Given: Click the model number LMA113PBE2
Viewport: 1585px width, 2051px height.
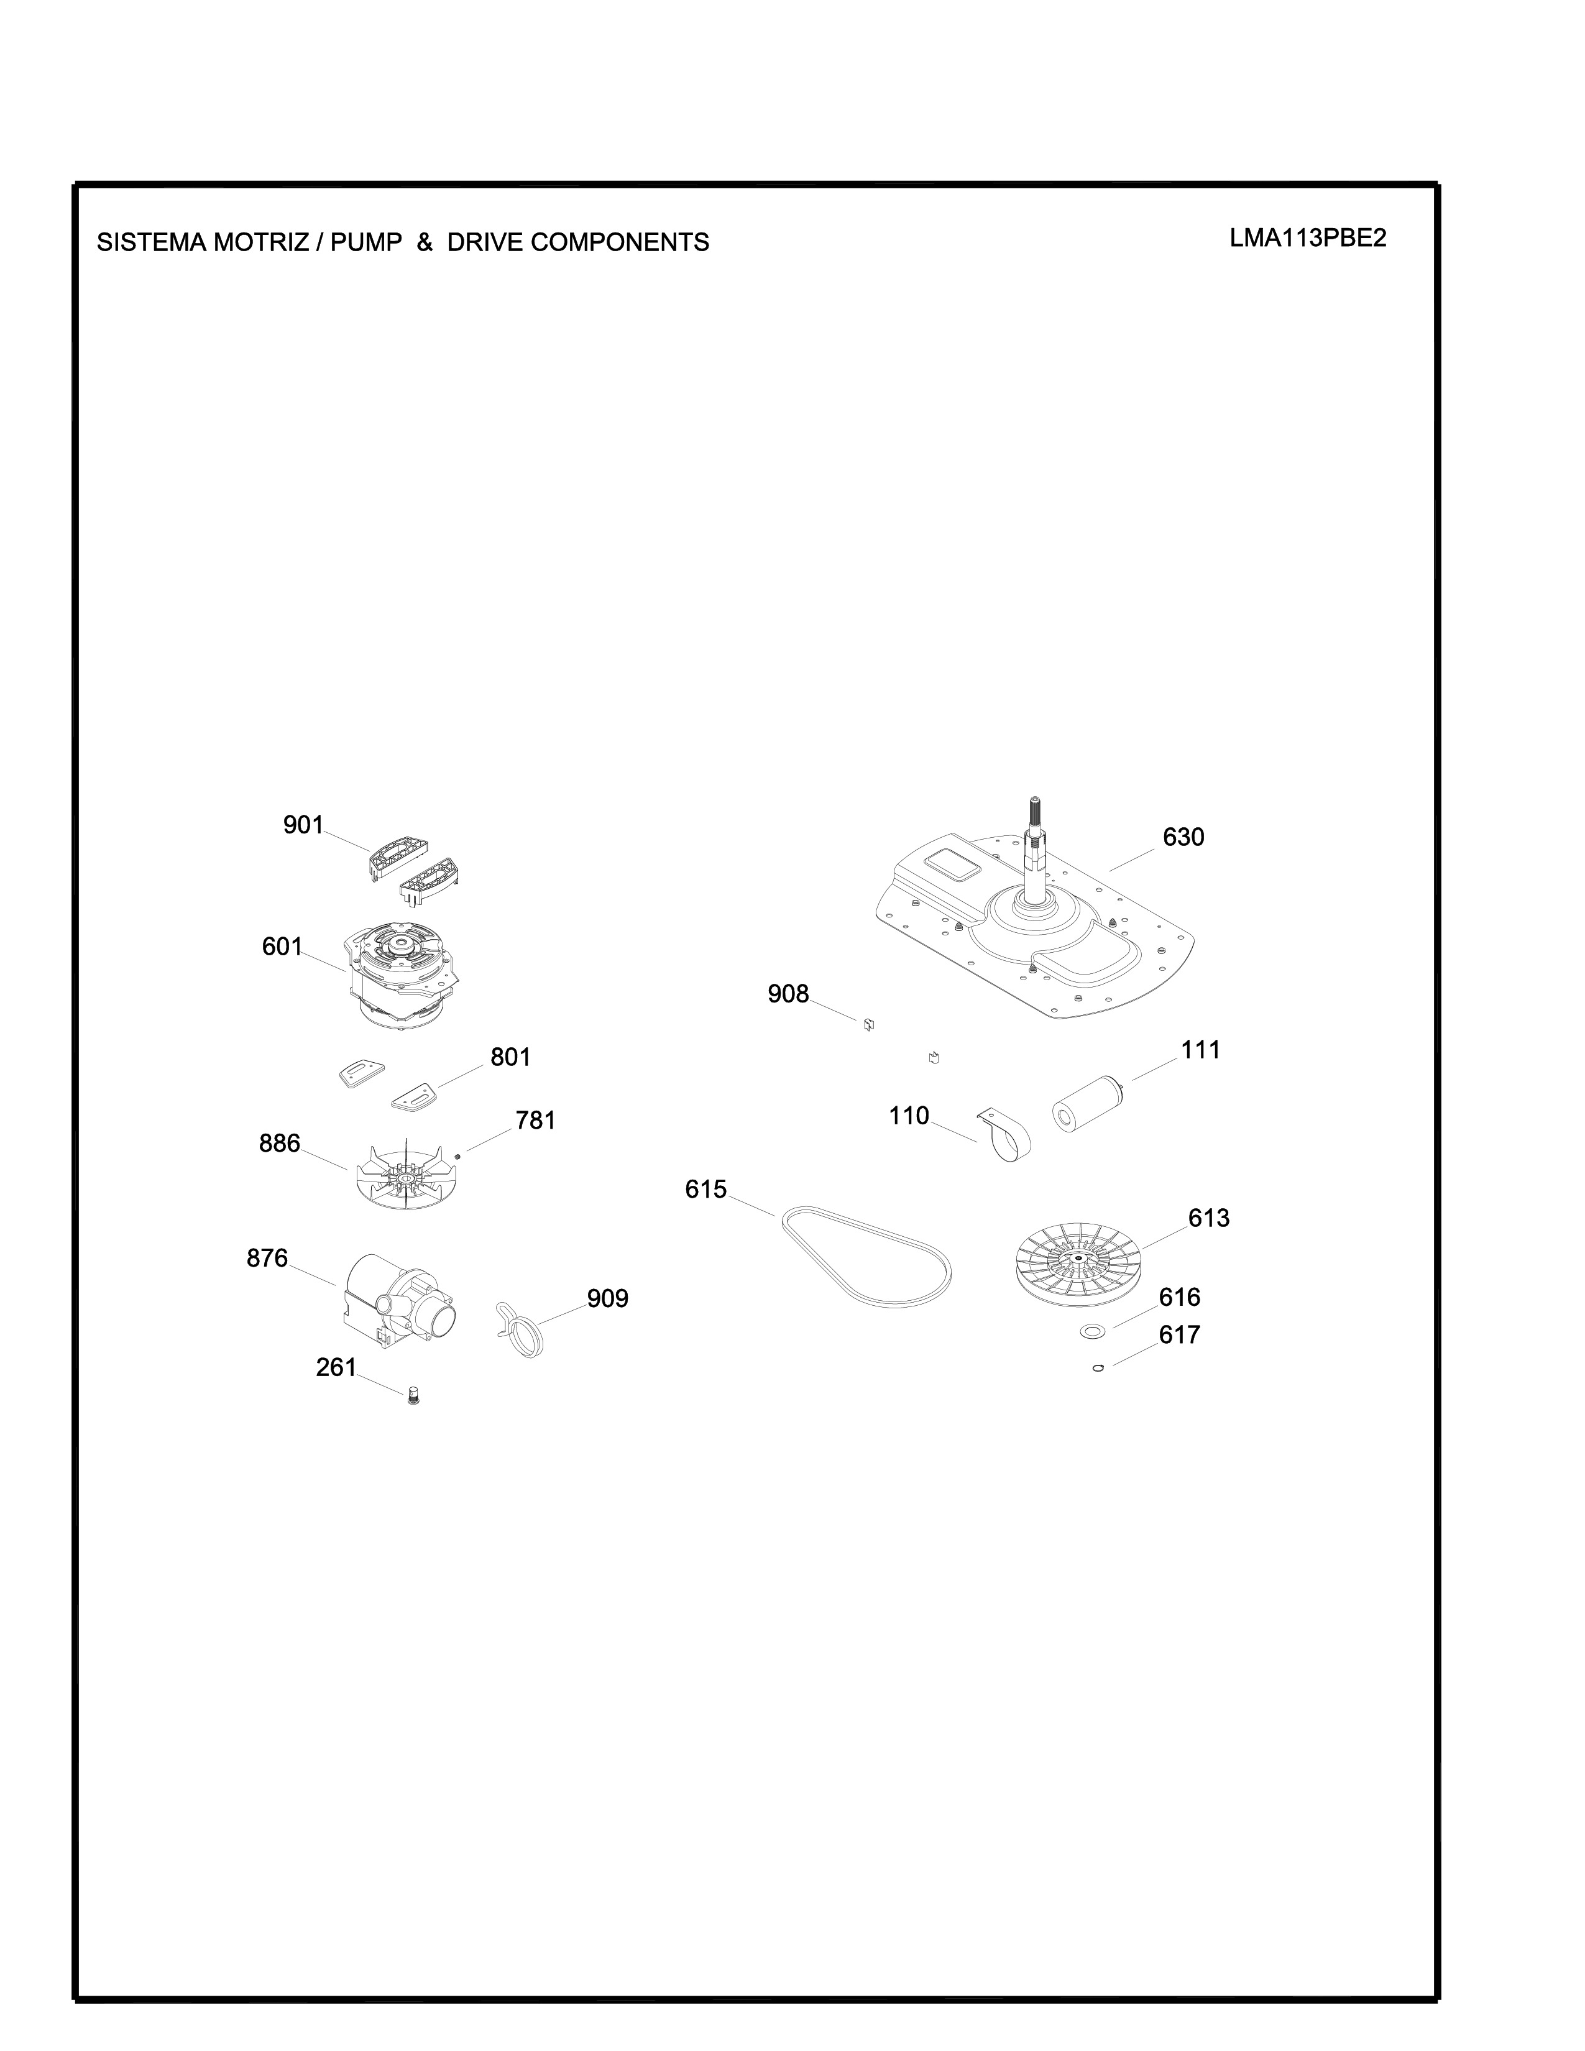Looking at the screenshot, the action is click(1308, 239).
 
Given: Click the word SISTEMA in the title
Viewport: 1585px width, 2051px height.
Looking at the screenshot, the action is click(152, 242).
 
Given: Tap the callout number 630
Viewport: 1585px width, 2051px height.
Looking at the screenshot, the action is click(1183, 837).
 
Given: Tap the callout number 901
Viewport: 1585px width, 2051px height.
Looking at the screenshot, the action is click(303, 825).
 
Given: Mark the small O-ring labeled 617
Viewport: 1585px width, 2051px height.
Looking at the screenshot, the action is click(1098, 1369).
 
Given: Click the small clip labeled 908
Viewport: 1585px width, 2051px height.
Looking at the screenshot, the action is click(868, 1024).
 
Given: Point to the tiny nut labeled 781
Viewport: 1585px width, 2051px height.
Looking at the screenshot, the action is click(457, 1155).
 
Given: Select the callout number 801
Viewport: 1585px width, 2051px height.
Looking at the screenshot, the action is click(511, 1057).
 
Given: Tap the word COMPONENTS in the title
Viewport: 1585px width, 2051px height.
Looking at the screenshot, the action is click(620, 242).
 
